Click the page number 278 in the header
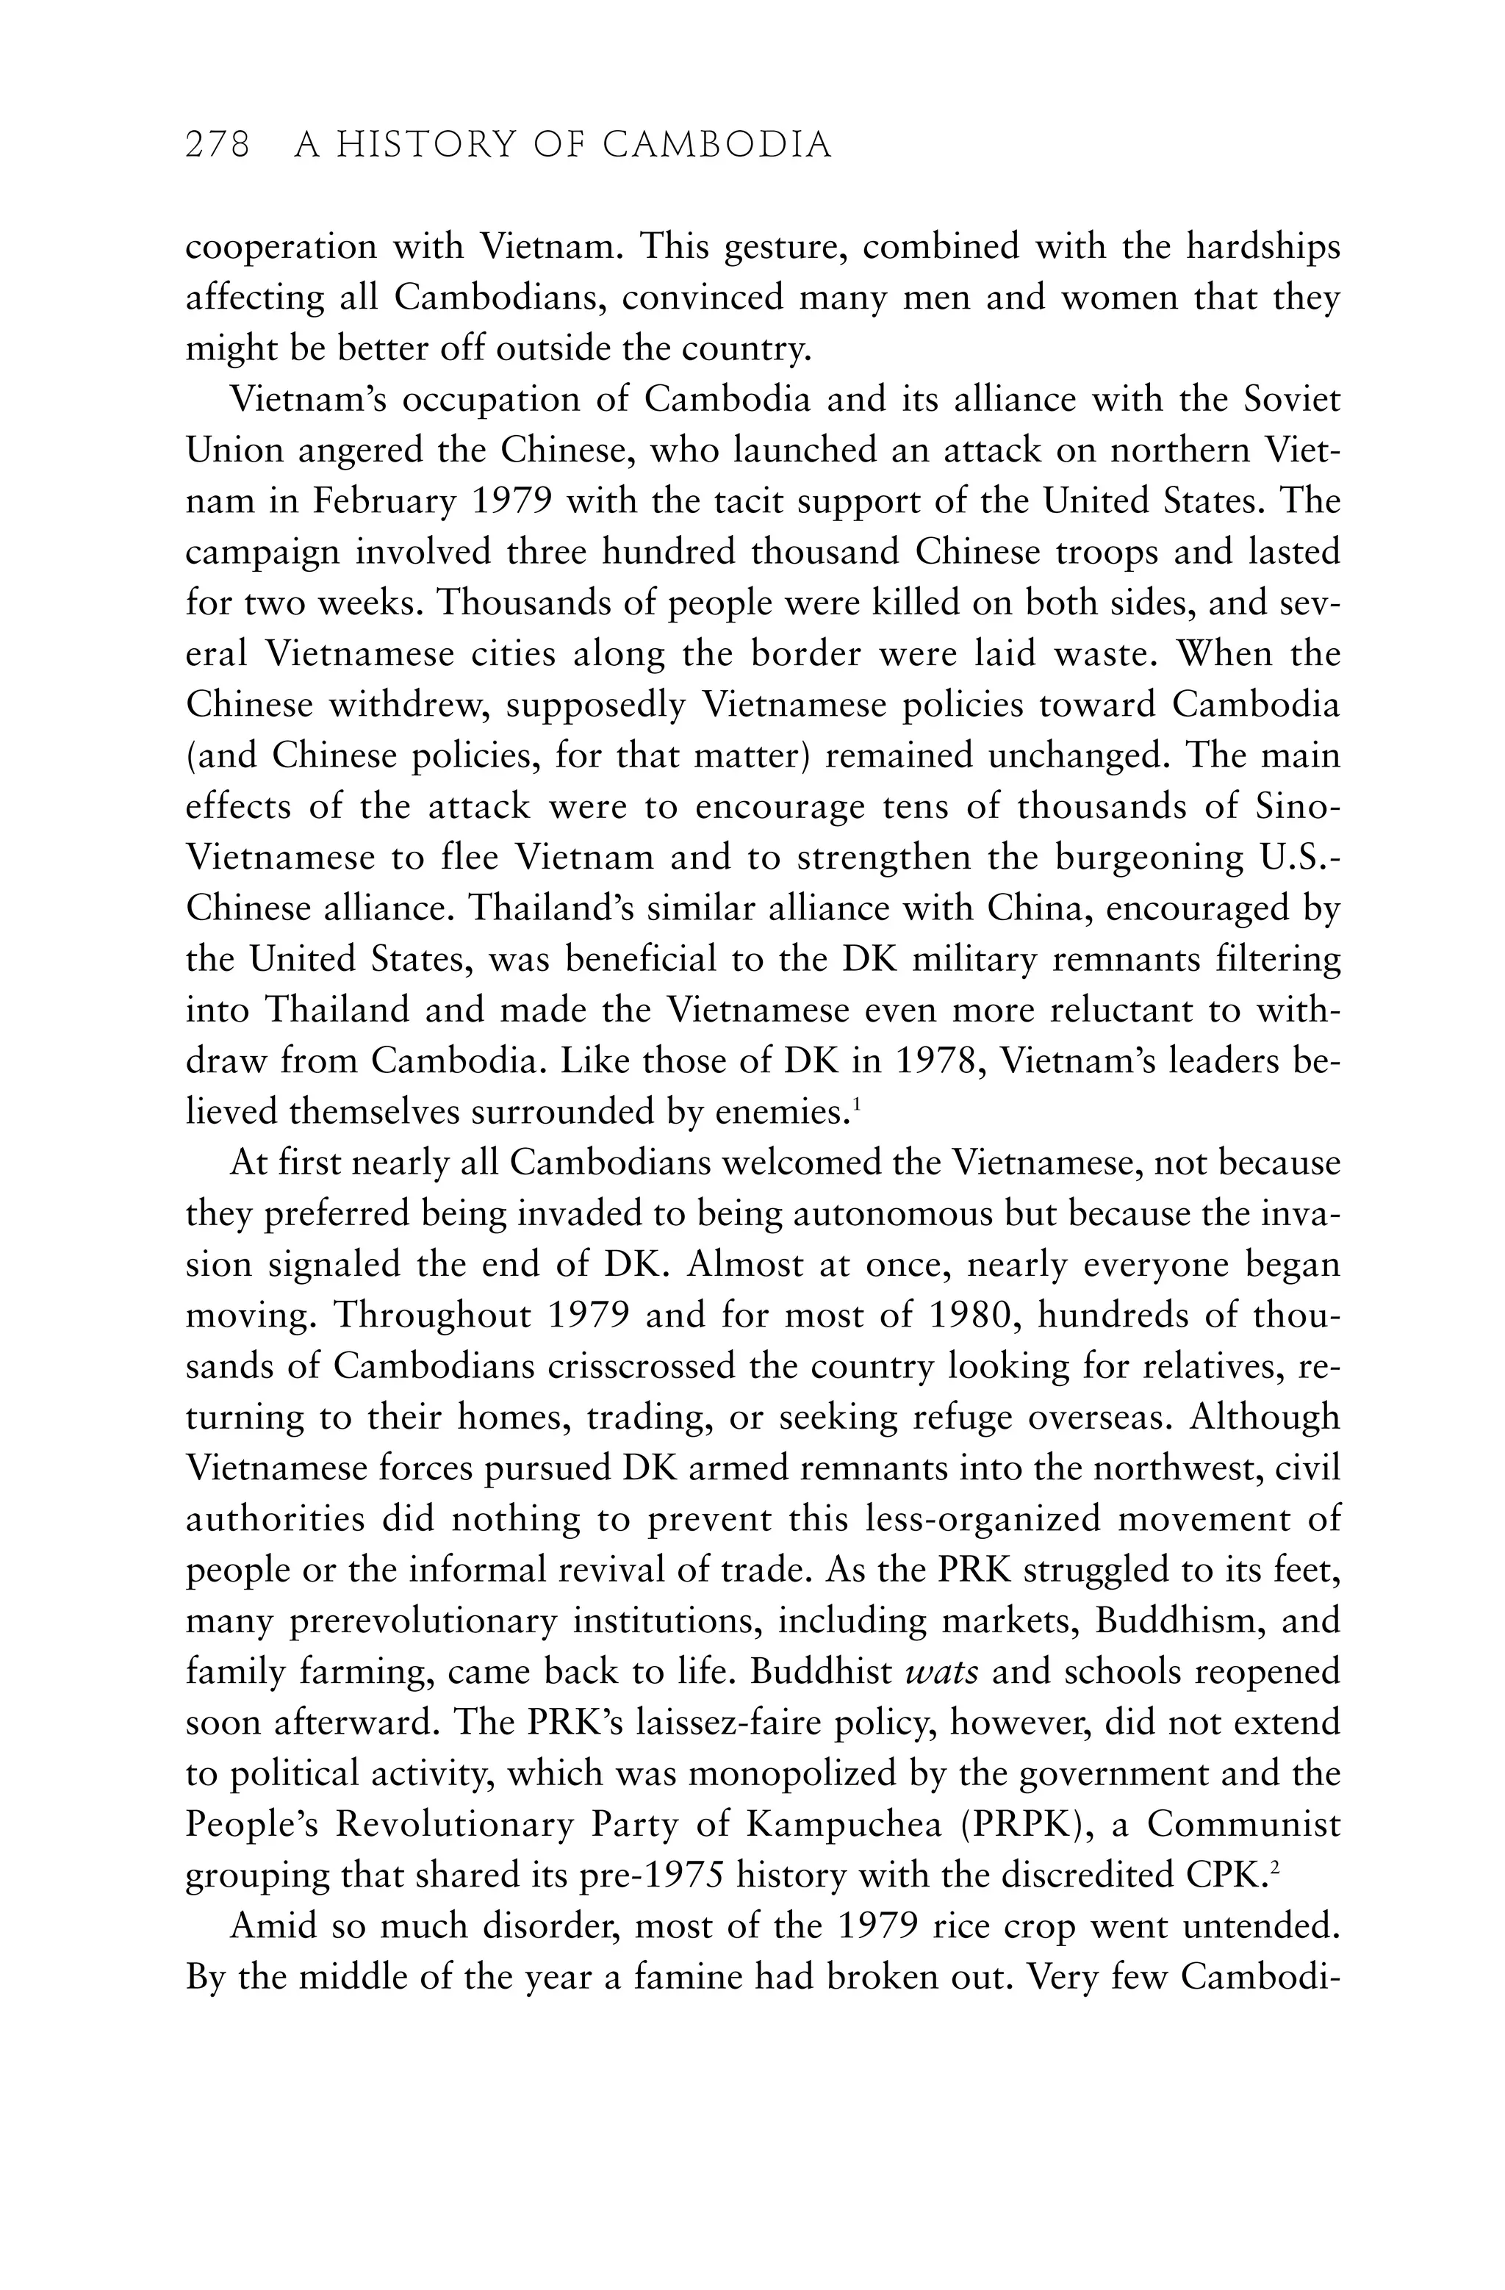218,146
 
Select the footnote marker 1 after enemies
855,1105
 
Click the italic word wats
942,1672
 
